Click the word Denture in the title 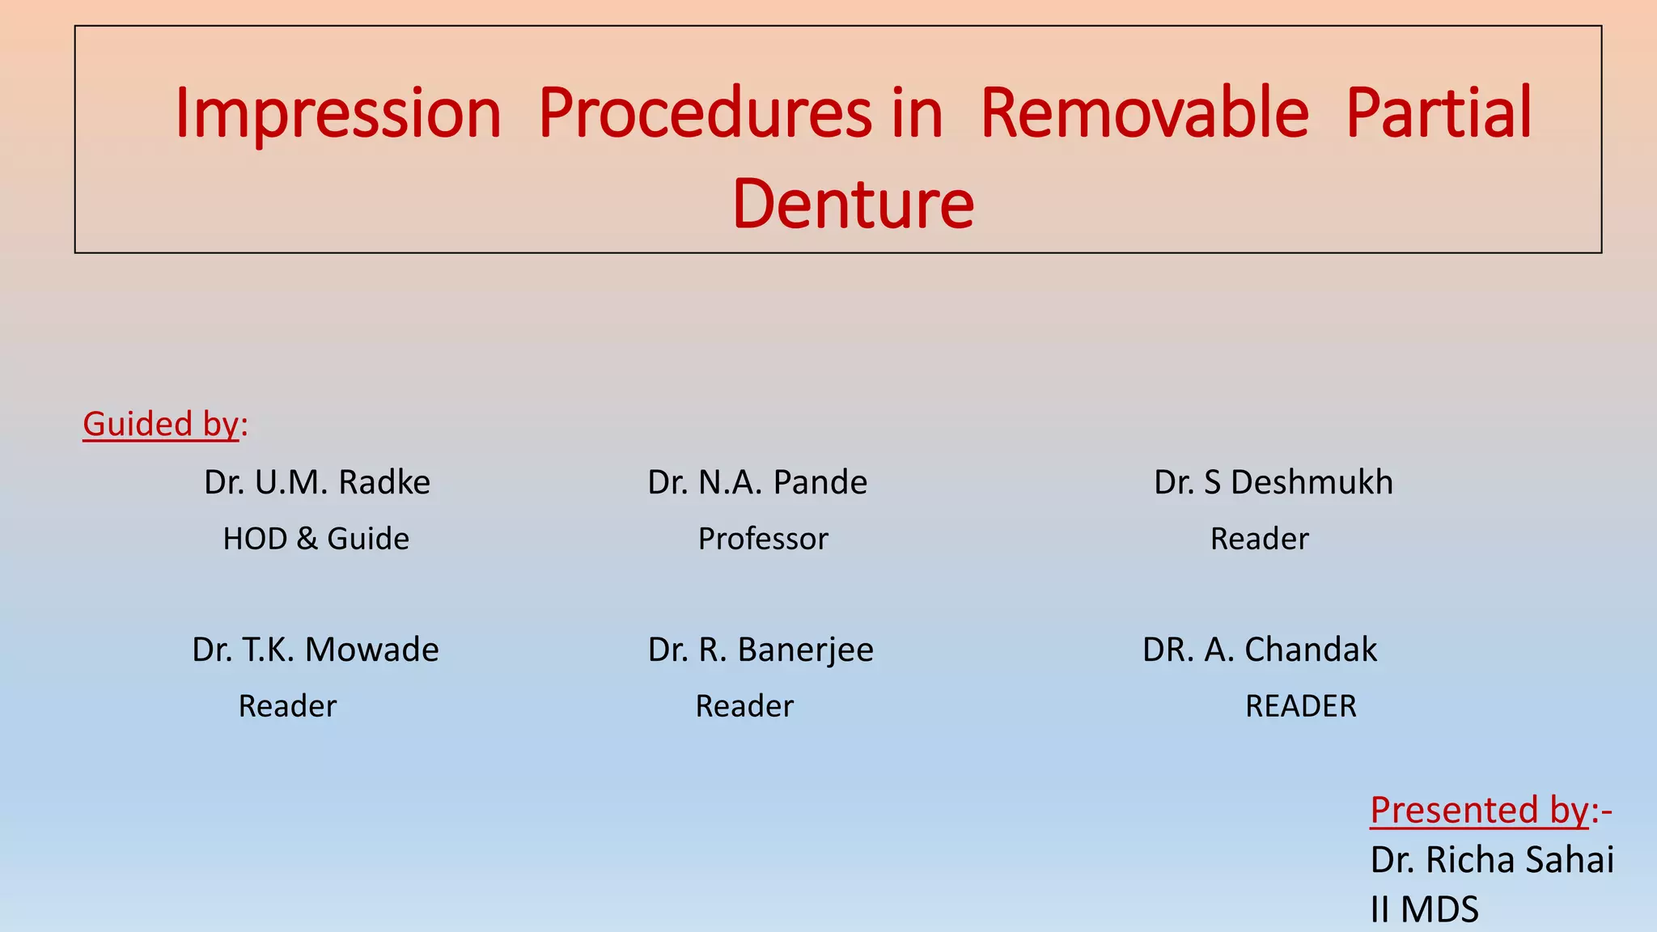[x=853, y=204]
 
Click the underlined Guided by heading [x=162, y=424]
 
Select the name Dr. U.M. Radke [x=317, y=482]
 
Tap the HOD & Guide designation [x=316, y=539]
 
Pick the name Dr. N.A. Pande [x=757, y=482]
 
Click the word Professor [x=763, y=539]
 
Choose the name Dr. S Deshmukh [x=1273, y=482]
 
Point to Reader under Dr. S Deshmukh [x=1259, y=539]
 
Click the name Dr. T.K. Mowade [x=316, y=650]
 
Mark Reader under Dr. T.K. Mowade [x=287, y=706]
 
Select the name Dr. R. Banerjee [x=761, y=650]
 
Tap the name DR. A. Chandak [x=1259, y=650]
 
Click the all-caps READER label [x=1300, y=706]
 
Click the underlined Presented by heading [x=1479, y=811]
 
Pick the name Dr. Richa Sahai [x=1492, y=859]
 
